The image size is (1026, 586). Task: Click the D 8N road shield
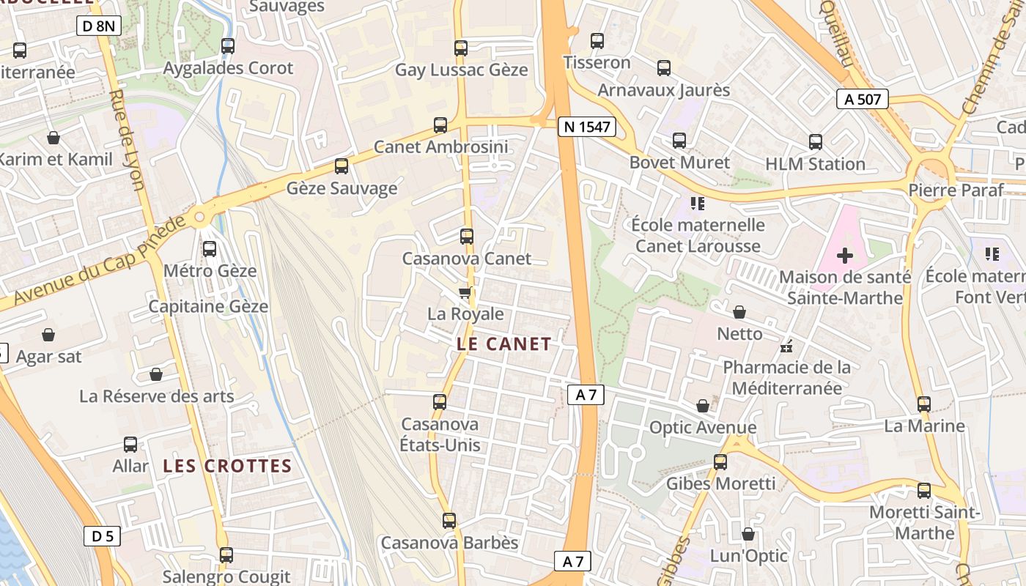[x=98, y=26]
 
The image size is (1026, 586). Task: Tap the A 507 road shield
[x=863, y=99]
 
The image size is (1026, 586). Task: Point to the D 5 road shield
[x=102, y=536]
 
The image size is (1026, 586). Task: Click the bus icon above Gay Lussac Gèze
[x=460, y=48]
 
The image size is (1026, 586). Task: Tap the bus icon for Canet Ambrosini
[x=440, y=125]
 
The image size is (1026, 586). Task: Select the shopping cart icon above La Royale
[x=465, y=293]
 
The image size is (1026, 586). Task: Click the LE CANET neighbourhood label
[x=503, y=344]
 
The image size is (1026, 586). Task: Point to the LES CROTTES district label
[x=227, y=466]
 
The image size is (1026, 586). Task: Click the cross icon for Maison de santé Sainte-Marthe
[x=844, y=256]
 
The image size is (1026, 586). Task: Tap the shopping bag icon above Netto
[x=739, y=313]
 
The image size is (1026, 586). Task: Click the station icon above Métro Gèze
[x=210, y=249]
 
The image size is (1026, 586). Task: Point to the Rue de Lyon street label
[x=126, y=139]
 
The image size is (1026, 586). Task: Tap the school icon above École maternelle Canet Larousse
[x=697, y=203]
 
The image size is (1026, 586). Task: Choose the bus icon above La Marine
[x=923, y=404]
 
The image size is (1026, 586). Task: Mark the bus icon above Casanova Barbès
[x=449, y=521]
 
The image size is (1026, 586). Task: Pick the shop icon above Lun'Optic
[x=748, y=535]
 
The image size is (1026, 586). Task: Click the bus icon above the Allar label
[x=130, y=445]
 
